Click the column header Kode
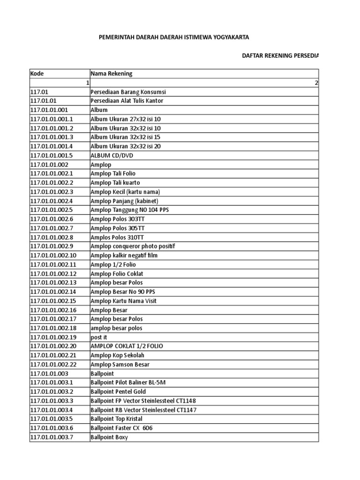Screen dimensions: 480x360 [37, 74]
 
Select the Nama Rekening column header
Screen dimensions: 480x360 [111, 74]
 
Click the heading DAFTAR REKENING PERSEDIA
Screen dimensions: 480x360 [280, 56]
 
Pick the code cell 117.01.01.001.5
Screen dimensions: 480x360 [52, 155]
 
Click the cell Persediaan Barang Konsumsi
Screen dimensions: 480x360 [128, 92]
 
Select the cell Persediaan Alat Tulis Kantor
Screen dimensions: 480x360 [127, 101]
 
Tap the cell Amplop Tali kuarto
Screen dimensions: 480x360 [115, 182]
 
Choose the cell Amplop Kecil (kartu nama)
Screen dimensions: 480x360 [125, 192]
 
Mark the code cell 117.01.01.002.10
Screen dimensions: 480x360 [53, 255]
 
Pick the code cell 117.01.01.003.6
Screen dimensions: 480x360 [52, 428]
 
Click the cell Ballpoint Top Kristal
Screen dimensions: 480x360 [116, 419]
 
